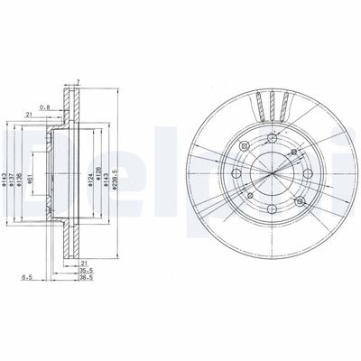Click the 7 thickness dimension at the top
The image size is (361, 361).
point(79,82)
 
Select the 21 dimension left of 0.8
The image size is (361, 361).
point(30,115)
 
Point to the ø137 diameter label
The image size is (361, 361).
point(13,185)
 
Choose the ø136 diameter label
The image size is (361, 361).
point(21,185)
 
